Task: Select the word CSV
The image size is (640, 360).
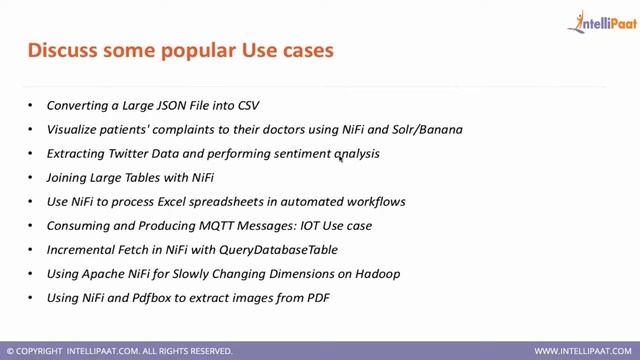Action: tap(248, 105)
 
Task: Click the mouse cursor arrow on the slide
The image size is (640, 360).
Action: tap(341, 157)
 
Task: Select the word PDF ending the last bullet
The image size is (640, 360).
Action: tap(317, 297)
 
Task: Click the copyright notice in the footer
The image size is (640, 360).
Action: tap(119, 351)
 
